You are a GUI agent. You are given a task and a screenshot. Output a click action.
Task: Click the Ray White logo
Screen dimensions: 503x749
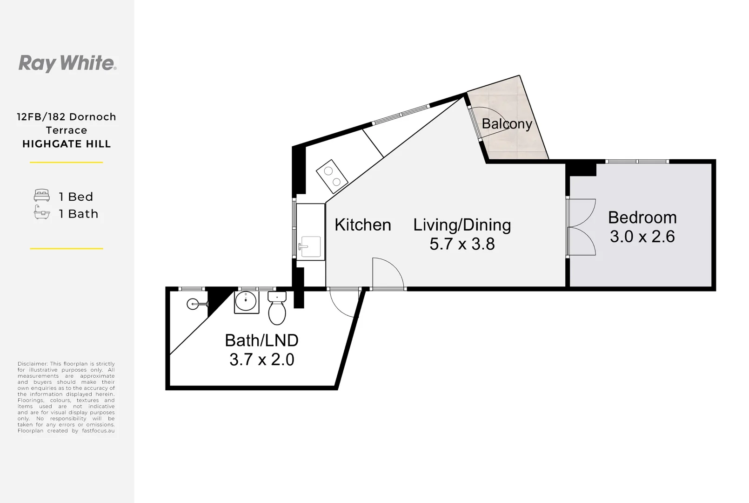pyautogui.click(x=67, y=63)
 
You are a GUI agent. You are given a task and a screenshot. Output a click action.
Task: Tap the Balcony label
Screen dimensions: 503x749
pyautogui.click(x=507, y=124)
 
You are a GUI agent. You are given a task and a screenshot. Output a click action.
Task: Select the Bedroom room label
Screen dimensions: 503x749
pyautogui.click(x=642, y=218)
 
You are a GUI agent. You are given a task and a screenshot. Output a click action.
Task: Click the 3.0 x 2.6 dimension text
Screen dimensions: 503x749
pyautogui.click(x=642, y=237)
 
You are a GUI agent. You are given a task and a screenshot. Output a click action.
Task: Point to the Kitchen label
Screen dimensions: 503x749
pyautogui.click(x=362, y=225)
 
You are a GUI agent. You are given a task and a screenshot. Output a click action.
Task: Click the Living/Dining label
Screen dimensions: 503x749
pyautogui.click(x=461, y=225)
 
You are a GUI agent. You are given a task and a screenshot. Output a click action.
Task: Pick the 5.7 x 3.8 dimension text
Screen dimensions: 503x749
pyautogui.click(x=461, y=244)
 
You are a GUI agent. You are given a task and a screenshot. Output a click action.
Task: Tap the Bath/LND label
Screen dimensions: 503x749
pyautogui.click(x=261, y=340)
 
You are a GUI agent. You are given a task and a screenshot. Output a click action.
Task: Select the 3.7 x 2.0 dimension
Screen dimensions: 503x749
pyautogui.click(x=261, y=360)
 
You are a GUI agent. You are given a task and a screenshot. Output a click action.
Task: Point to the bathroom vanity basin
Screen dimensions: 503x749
pyautogui.click(x=246, y=302)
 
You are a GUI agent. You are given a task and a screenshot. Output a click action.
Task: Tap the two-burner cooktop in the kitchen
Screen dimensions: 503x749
pyautogui.click(x=332, y=177)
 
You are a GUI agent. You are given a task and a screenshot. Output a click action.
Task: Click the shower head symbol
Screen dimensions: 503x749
pyautogui.click(x=193, y=304)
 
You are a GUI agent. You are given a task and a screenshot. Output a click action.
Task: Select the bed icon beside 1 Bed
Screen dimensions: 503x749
pyautogui.click(x=42, y=196)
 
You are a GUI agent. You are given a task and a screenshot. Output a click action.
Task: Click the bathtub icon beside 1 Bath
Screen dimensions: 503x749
pyautogui.click(x=42, y=213)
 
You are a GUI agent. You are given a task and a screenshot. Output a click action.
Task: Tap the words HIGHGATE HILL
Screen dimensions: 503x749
pyautogui.click(x=67, y=144)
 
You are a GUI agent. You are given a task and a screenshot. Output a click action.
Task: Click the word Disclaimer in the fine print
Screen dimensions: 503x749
pyautogui.click(x=33, y=364)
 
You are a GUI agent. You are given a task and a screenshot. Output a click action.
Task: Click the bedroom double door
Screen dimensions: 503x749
pyautogui.click(x=582, y=227)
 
